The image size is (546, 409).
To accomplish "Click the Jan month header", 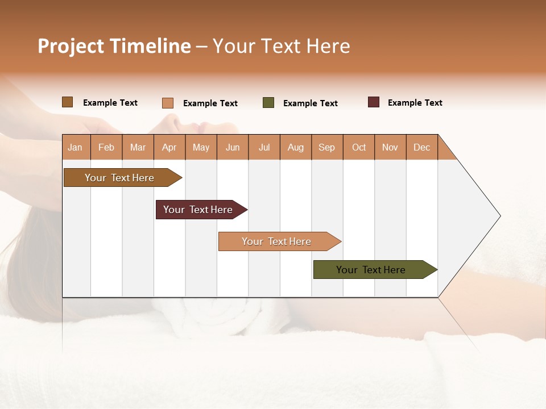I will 75,147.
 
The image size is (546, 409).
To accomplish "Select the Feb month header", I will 106,147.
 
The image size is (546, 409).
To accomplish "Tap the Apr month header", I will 169,147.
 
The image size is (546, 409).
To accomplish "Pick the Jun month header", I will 233,147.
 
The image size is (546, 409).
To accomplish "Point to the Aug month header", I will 295,147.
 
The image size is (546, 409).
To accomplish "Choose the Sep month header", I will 326,147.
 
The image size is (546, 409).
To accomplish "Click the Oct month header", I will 359,147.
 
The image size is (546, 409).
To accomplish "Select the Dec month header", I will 421,147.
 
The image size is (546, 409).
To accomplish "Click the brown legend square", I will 68,102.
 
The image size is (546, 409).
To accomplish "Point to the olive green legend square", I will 268,103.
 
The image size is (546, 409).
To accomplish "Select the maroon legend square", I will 374,102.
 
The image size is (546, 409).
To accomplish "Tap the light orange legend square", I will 168,103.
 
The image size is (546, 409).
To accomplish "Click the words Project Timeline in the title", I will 114,46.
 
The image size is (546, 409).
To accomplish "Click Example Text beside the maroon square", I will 415,103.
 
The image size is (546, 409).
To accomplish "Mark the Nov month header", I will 390,147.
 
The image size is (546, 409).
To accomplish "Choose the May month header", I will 201,147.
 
